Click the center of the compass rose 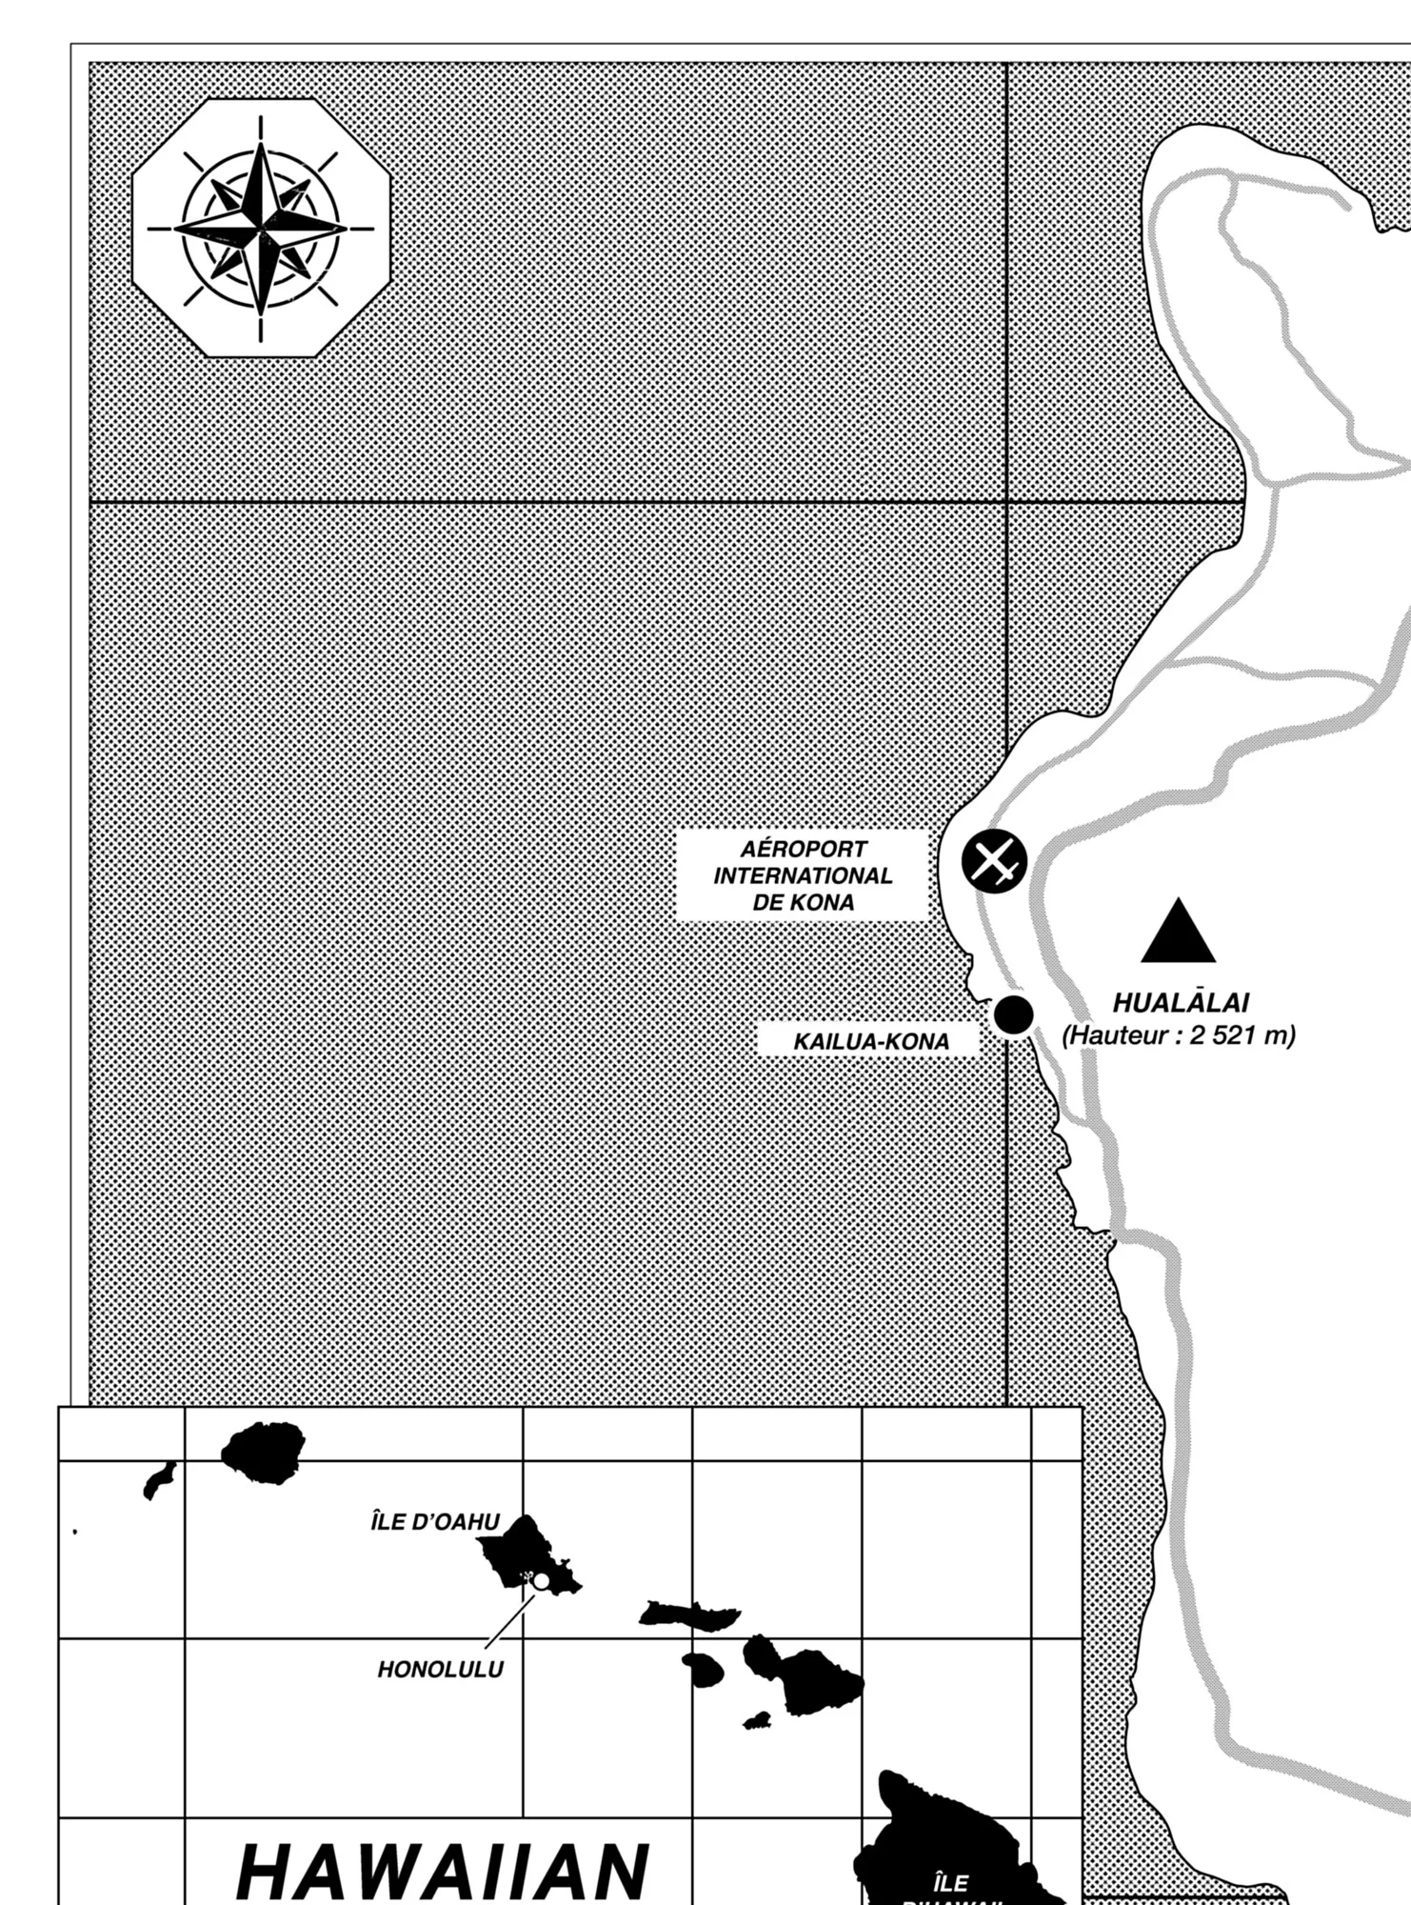(260, 229)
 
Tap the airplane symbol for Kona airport (994, 862)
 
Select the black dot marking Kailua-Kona (1013, 1014)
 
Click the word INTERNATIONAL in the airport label (804, 875)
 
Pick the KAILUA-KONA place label (871, 1042)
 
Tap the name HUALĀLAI (1181, 1002)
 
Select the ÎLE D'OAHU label (435, 1522)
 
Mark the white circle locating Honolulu (541, 1581)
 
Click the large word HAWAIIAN (443, 1869)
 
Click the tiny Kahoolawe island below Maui (757, 1720)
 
